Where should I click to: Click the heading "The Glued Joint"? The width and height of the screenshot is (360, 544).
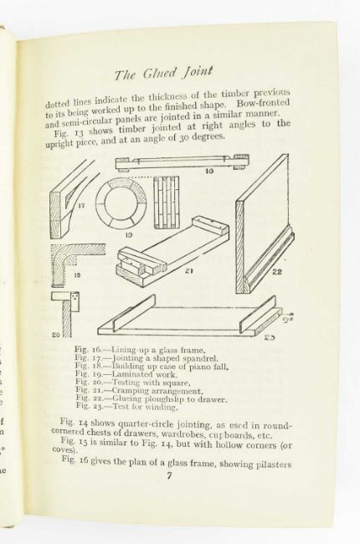tap(163, 73)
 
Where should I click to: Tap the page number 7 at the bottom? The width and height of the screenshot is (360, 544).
tap(169, 475)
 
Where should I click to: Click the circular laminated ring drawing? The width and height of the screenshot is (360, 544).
tap(121, 203)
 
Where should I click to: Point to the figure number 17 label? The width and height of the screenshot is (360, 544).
tap(81, 205)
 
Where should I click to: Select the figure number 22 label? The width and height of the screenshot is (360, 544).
tap(276, 272)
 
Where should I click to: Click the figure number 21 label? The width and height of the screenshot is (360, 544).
tap(188, 271)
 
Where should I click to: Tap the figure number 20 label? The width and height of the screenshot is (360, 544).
tap(56, 335)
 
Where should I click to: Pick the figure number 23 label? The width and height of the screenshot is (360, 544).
tap(270, 337)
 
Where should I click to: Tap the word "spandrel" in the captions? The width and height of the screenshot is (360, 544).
tap(203, 358)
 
